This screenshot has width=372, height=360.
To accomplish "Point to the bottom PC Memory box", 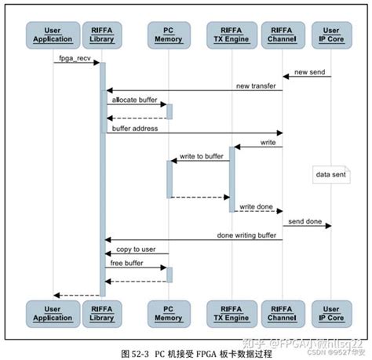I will pos(168,313).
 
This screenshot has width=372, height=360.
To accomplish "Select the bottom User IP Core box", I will pos(331,313).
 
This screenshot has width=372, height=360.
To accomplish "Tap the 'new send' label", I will pos(309,72).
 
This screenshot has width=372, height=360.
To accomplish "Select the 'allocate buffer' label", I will pos(135,100).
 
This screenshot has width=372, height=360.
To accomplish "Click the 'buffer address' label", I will pos(135,127).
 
